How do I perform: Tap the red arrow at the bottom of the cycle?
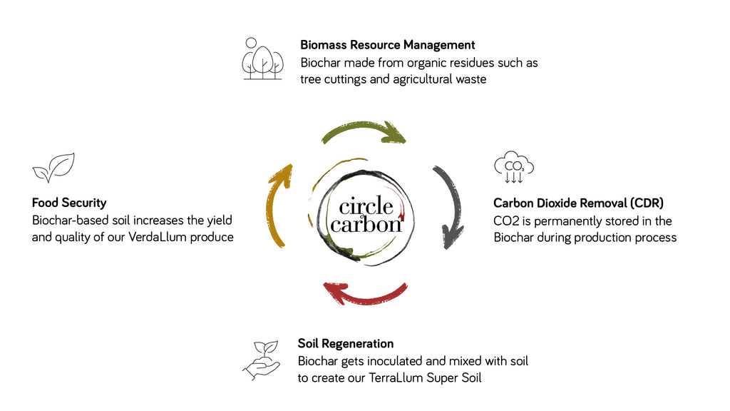click(365, 293)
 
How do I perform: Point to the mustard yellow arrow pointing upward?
click(277, 207)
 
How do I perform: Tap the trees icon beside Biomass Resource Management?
click(262, 59)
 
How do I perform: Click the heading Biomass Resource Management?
click(388, 45)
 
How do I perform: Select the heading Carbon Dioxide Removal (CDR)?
click(578, 203)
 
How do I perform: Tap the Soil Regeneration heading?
click(346, 344)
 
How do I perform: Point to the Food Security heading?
click(69, 203)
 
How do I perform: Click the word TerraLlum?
click(396, 378)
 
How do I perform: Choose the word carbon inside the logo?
click(366, 225)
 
